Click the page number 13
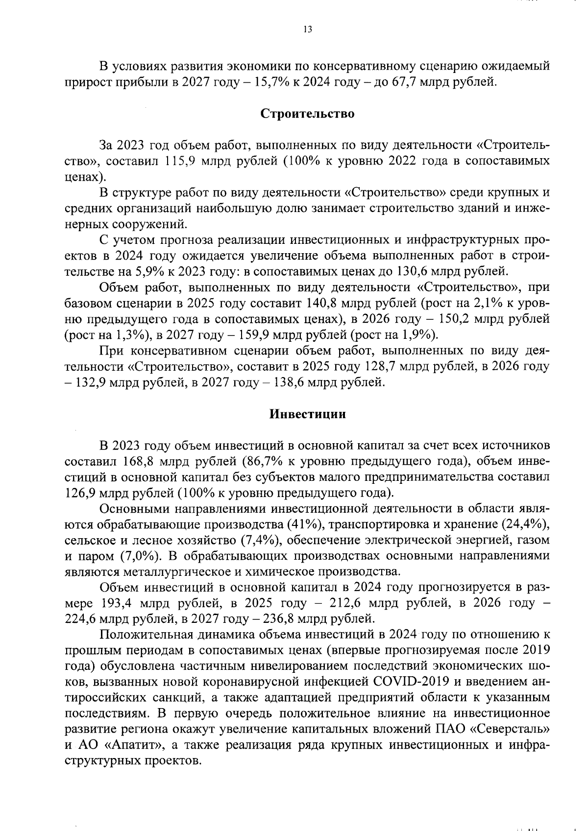click(x=307, y=30)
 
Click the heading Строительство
click(x=307, y=114)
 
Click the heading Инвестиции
click(x=308, y=414)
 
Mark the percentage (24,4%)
click(x=524, y=524)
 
